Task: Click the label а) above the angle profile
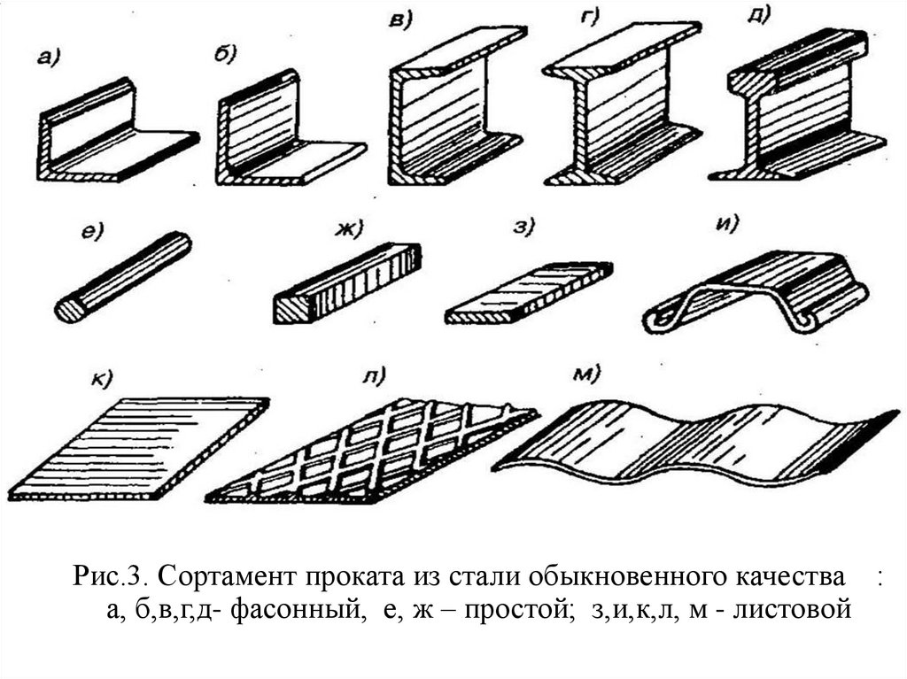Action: [47, 60]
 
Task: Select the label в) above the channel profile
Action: [400, 20]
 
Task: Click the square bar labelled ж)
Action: [345, 283]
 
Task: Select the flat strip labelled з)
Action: [528, 292]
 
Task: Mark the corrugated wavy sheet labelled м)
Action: [691, 438]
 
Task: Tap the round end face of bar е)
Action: [68, 309]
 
